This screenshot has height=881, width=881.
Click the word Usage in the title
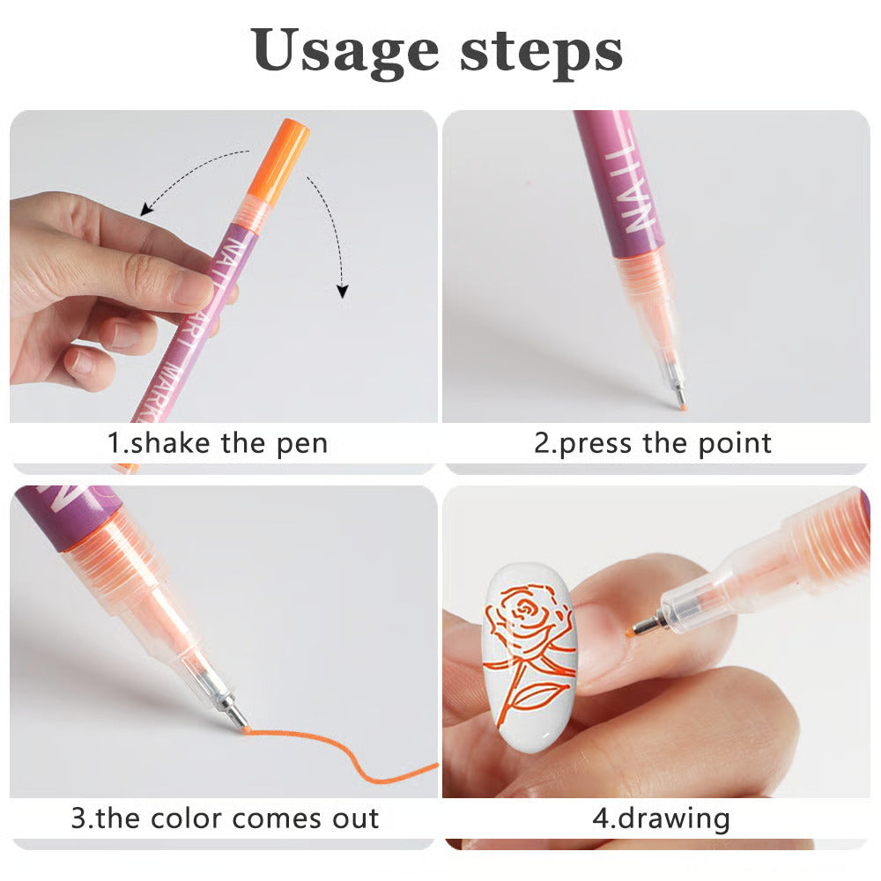tap(345, 52)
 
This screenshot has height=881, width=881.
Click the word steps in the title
tap(541, 52)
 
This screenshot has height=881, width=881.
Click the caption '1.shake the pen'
tap(218, 442)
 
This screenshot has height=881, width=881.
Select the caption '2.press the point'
tap(653, 442)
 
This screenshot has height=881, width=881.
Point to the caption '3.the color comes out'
tap(225, 818)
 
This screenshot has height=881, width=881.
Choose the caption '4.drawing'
tap(661, 818)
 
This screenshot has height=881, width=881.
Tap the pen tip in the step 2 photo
tap(679, 399)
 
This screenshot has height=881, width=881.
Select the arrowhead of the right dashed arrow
tap(344, 290)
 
